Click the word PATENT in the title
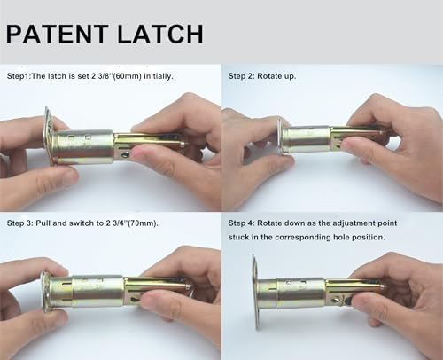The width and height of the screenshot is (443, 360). point(58,34)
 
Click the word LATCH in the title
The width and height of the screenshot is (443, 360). point(160,34)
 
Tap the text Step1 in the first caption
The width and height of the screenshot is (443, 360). point(19,76)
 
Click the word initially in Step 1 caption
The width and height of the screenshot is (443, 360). point(159,76)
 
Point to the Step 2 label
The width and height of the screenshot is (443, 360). point(241,76)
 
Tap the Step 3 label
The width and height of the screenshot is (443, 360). point(19,223)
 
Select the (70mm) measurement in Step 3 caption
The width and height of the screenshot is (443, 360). point(143,223)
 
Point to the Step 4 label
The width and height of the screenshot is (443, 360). point(241,223)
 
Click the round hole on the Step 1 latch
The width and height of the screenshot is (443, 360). point(126,154)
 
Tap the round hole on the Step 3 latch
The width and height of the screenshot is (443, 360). point(135,300)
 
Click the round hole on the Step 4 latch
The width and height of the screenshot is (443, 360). point(336,300)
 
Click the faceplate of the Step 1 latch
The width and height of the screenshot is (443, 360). point(49,135)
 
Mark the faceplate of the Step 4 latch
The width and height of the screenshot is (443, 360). point(256,291)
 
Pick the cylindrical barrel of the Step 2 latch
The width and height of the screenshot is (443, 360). point(307,139)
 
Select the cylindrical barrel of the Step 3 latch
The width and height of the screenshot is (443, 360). point(97,292)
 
